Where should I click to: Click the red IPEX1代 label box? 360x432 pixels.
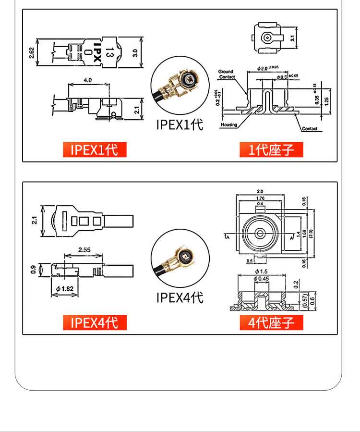coord(94,149)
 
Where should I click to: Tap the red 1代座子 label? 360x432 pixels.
coord(271,149)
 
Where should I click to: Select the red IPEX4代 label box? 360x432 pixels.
coord(94,322)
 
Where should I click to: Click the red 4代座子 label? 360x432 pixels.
coord(271,322)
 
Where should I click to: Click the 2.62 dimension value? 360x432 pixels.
coord(32,53)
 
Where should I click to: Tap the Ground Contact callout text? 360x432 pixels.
coord(227,74)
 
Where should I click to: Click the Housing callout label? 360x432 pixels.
coord(228,125)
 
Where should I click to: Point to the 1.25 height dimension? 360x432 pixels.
coord(326,101)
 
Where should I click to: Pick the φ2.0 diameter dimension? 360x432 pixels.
coord(263,69)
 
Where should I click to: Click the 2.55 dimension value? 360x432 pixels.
coord(84,250)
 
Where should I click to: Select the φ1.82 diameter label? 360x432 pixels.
coord(64,288)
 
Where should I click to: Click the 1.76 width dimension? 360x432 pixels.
coord(260,198)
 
